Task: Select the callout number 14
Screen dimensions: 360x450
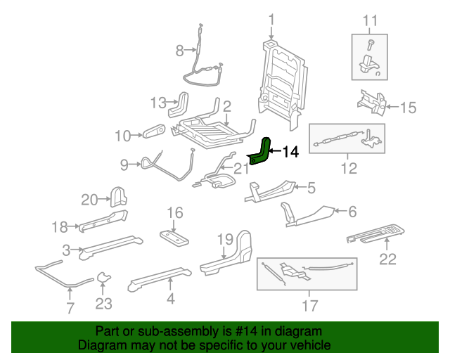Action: point(290,151)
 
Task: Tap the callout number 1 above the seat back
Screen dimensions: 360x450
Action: point(272,20)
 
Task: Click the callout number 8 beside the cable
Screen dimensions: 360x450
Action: point(180,50)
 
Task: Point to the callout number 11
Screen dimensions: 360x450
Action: point(368,20)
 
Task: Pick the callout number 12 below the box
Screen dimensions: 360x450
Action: point(348,169)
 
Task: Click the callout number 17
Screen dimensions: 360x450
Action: point(309,305)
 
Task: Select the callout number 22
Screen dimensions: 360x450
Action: point(388,259)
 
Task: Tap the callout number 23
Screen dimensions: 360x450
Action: point(104,304)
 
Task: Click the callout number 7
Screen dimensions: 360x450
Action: point(70,307)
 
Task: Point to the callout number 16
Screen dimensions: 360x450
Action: point(174,212)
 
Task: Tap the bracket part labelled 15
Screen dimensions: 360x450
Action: point(370,101)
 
